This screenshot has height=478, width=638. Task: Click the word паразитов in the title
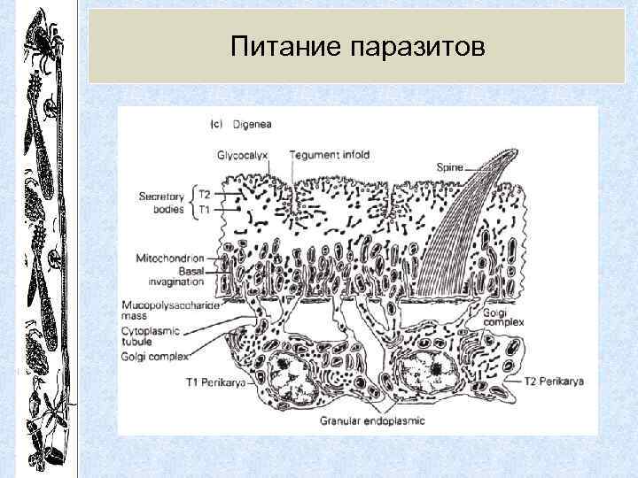pos(418,45)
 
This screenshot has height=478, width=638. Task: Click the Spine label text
pos(454,165)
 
